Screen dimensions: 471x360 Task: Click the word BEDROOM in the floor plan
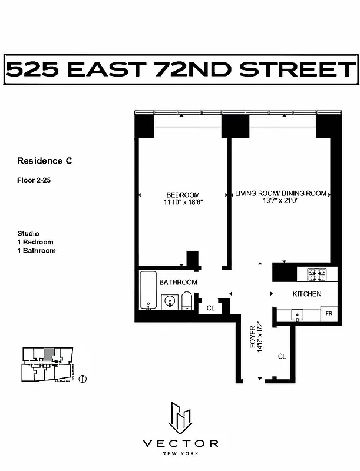[x=183, y=195]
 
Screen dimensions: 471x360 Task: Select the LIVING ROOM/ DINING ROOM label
[x=280, y=194]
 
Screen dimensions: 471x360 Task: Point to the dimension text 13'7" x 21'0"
[x=280, y=201]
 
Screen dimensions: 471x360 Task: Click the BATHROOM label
[x=179, y=283]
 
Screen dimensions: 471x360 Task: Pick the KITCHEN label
[x=308, y=294]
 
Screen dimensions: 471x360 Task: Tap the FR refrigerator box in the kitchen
[x=329, y=314]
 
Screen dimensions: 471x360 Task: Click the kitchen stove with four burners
[x=316, y=274]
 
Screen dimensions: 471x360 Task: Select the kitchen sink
[x=298, y=315]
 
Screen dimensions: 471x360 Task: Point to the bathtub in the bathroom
[x=148, y=290]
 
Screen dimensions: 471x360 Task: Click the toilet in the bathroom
[x=187, y=301]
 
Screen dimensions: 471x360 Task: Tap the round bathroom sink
[x=169, y=302]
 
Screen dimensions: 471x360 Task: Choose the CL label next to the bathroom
[x=210, y=307]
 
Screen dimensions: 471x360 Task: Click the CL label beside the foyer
[x=282, y=356]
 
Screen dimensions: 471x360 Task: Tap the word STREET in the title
[x=305, y=70]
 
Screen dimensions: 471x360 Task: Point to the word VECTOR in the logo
[x=180, y=443]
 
